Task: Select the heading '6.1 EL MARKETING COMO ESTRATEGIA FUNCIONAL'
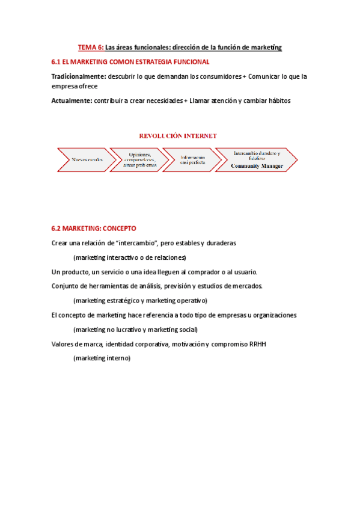coord(130,62)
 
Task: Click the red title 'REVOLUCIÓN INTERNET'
coord(178,136)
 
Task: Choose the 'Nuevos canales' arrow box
coord(86,159)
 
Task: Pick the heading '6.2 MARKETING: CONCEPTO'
coord(94,229)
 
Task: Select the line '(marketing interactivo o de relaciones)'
coord(130,257)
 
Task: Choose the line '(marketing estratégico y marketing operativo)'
coord(140,300)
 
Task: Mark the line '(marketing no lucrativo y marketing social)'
coord(135,329)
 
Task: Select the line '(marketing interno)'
coord(102,358)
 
